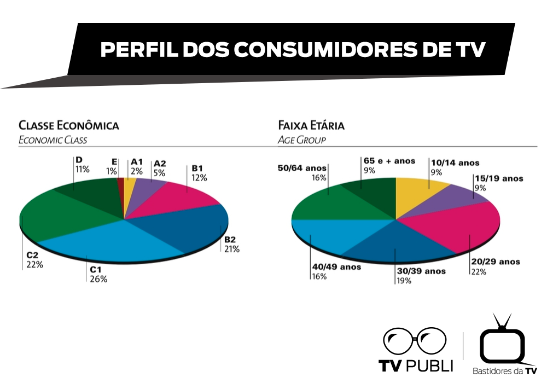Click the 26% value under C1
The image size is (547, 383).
(99, 279)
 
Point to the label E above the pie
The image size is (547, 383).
(114, 161)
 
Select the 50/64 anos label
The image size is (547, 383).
(302, 168)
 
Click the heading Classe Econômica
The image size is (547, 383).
(69, 125)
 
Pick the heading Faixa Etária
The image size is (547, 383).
(311, 125)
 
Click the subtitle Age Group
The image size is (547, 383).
(302, 140)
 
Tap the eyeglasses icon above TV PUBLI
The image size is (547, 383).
(415, 342)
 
